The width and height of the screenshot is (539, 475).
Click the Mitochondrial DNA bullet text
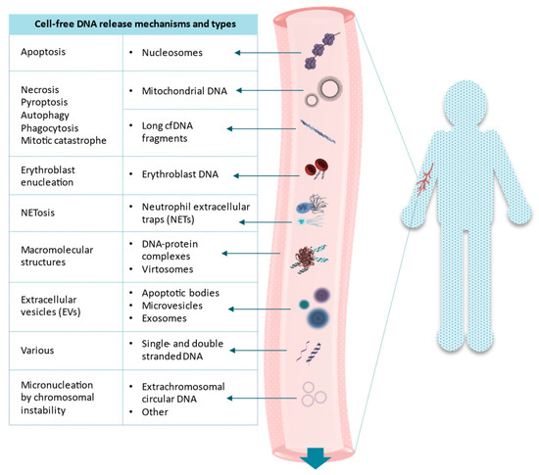[x=184, y=91]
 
